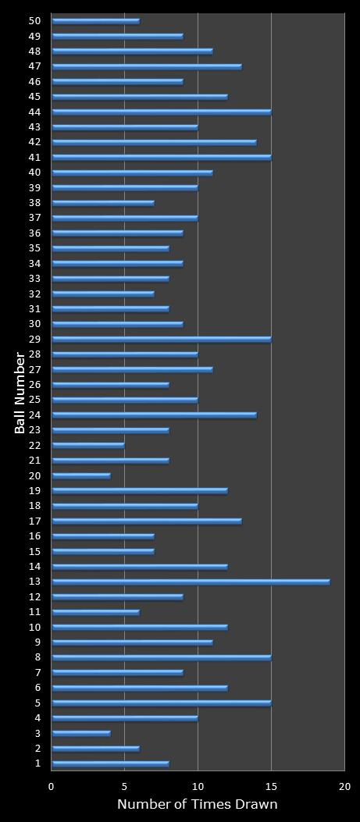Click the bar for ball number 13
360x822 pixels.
(x=191, y=582)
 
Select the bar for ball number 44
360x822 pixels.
(x=161, y=112)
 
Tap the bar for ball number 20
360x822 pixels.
(x=80, y=475)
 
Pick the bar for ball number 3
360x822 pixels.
(x=80, y=733)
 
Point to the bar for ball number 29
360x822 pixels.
(x=161, y=339)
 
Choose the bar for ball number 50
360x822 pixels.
(x=95, y=21)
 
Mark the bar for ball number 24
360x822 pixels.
(x=154, y=415)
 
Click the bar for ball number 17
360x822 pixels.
(x=147, y=521)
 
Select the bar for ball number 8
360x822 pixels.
(x=161, y=657)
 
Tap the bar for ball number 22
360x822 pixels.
(x=87, y=445)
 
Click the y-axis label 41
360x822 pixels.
(x=34, y=157)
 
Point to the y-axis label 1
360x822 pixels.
(x=37, y=763)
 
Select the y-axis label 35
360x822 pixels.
(x=34, y=248)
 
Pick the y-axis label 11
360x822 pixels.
(x=34, y=612)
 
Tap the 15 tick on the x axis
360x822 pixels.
(x=271, y=787)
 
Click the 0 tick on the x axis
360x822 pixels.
(x=52, y=787)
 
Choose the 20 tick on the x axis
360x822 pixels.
(x=344, y=787)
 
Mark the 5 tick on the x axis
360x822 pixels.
(x=124, y=787)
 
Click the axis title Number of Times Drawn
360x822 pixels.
(x=197, y=805)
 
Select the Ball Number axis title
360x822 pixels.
(x=20, y=392)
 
